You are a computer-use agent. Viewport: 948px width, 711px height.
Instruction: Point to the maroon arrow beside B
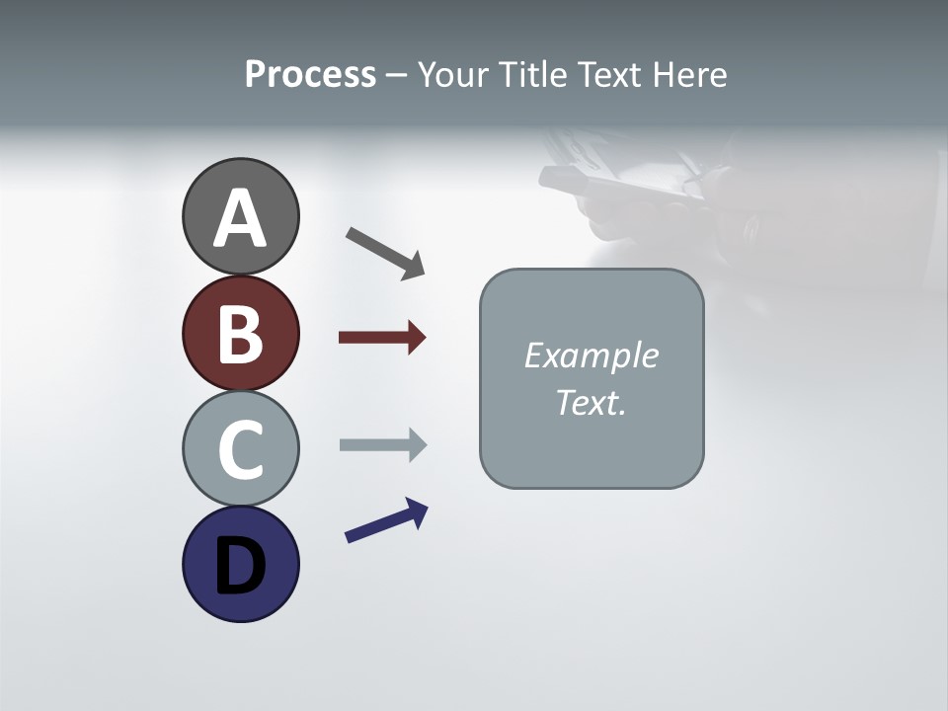[382, 338]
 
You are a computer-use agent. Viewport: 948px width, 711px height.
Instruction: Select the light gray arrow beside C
[382, 444]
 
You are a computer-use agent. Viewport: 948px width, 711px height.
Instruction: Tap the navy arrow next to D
[386, 520]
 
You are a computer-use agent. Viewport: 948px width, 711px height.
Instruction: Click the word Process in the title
[310, 75]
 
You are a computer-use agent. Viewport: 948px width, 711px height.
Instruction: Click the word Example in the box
[591, 355]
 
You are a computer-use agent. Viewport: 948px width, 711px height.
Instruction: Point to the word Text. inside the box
[591, 403]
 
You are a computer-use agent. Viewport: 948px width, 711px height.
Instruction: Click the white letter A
[240, 219]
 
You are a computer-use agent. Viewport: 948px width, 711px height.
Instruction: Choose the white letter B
[240, 335]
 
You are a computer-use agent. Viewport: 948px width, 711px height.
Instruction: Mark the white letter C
[240, 449]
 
